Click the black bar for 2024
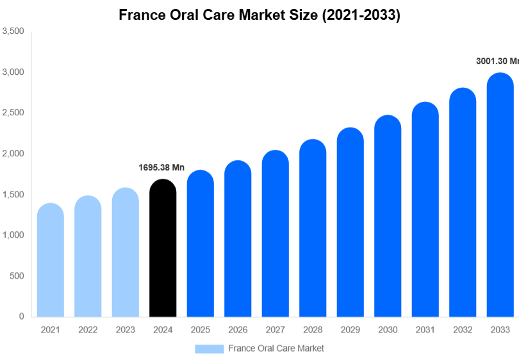click(162, 250)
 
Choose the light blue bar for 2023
click(125, 254)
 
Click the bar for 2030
click(388, 217)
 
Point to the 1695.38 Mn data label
click(161, 168)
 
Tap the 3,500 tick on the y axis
click(13, 31)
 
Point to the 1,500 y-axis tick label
click(13, 195)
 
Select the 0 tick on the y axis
click(21, 316)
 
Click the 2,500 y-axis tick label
click(13, 113)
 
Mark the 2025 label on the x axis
click(200, 330)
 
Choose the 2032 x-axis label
click(462, 330)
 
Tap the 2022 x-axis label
click(88, 330)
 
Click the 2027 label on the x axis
click(275, 330)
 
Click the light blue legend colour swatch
click(209, 348)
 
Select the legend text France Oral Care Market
click(276, 348)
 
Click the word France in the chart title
click(141, 15)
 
